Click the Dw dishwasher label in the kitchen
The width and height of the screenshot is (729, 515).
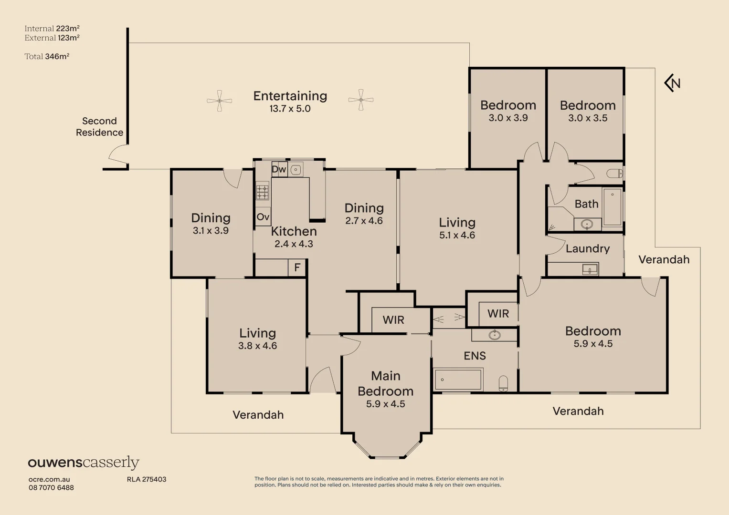[x=279, y=169]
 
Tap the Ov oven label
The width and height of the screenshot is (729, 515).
[x=263, y=216]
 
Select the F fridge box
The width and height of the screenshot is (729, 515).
[x=297, y=268]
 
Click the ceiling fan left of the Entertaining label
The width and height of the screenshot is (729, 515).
[x=219, y=101]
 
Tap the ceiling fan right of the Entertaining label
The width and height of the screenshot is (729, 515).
[x=361, y=100]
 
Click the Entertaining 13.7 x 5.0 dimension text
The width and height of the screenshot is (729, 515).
[x=290, y=109]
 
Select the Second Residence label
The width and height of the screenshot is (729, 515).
[x=100, y=127]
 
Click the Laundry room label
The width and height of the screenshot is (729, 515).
[x=588, y=249]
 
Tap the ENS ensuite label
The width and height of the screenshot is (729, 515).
[x=475, y=356]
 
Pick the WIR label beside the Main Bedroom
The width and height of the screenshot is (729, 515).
[x=393, y=320]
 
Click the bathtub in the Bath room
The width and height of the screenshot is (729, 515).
[x=612, y=207]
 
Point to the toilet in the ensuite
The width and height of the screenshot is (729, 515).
[x=503, y=384]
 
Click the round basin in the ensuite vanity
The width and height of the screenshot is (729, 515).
[x=494, y=335]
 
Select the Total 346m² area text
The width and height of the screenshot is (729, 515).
[x=47, y=57]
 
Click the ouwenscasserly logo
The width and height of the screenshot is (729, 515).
[x=84, y=463]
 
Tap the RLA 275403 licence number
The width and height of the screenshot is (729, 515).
[x=147, y=479]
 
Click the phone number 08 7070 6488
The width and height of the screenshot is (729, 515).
[x=51, y=488]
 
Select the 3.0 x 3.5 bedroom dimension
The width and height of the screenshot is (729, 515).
[x=588, y=118]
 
